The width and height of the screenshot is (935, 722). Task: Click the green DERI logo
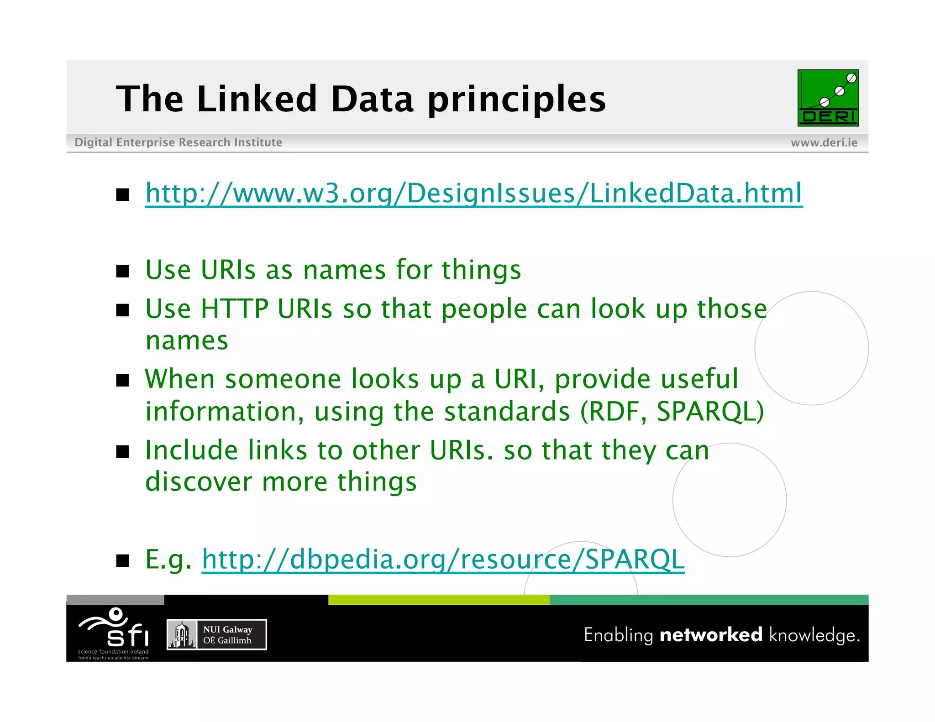[828, 98]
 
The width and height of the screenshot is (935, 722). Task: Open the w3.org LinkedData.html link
[473, 194]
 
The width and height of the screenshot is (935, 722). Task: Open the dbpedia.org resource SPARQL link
[443, 560]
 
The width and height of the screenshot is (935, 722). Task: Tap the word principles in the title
[516, 100]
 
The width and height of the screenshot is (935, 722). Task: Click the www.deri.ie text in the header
[824, 143]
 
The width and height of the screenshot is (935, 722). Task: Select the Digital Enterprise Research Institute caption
[178, 142]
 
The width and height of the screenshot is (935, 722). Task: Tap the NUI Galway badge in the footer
[216, 634]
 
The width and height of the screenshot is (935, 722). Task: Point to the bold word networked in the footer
[710, 635]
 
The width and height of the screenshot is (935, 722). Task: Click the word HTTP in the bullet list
[234, 309]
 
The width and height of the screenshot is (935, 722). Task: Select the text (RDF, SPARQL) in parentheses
[672, 412]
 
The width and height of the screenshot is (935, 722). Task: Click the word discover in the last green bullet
[199, 482]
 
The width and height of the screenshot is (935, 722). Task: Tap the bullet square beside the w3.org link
[122, 195]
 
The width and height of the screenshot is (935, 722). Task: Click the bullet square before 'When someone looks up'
[122, 380]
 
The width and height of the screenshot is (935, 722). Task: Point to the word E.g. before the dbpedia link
[168, 560]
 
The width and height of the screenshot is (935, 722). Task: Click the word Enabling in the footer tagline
[618, 635]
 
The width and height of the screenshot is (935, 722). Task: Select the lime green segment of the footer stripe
[438, 600]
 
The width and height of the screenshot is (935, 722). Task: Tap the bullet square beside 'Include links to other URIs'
[122, 451]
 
